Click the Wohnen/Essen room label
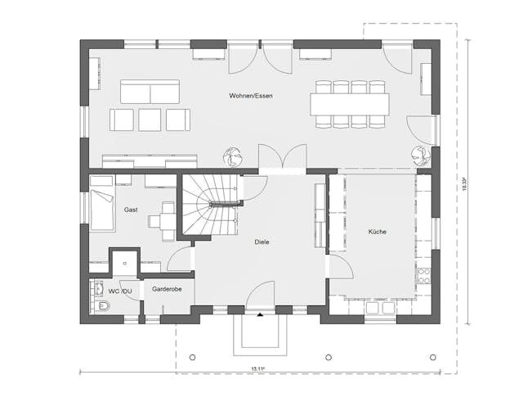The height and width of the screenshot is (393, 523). click(x=251, y=97)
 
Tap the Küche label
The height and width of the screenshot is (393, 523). click(x=377, y=232)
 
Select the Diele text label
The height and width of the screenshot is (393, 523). click(x=261, y=242)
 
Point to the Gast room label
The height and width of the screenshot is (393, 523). click(x=131, y=210)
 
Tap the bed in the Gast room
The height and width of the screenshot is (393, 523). click(x=101, y=209)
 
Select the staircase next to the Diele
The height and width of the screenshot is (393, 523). click(x=211, y=206)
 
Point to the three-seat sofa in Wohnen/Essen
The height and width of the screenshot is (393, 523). click(x=150, y=91)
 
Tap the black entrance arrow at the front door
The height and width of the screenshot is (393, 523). click(x=260, y=314)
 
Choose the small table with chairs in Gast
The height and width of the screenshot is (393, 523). click(x=168, y=218)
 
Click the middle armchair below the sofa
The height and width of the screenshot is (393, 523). click(x=150, y=120)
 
